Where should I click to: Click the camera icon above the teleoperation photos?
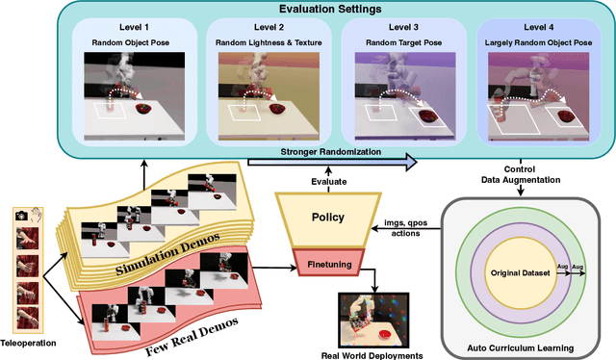point(20,219)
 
